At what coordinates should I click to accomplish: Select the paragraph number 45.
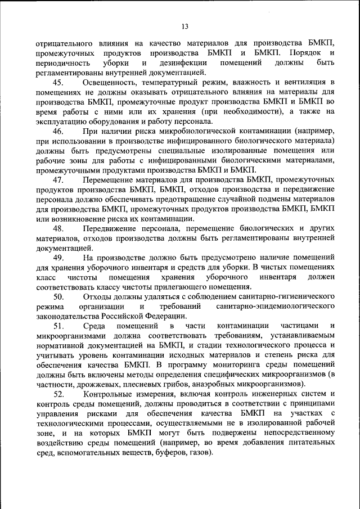point(59,83)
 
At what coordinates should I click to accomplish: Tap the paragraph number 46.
point(59,130)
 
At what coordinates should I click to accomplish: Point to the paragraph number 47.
point(59,179)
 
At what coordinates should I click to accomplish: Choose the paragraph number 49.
point(59,257)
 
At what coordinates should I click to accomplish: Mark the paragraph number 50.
point(59,296)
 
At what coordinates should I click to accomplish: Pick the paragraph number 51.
point(59,326)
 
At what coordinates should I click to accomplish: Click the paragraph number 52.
point(59,394)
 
